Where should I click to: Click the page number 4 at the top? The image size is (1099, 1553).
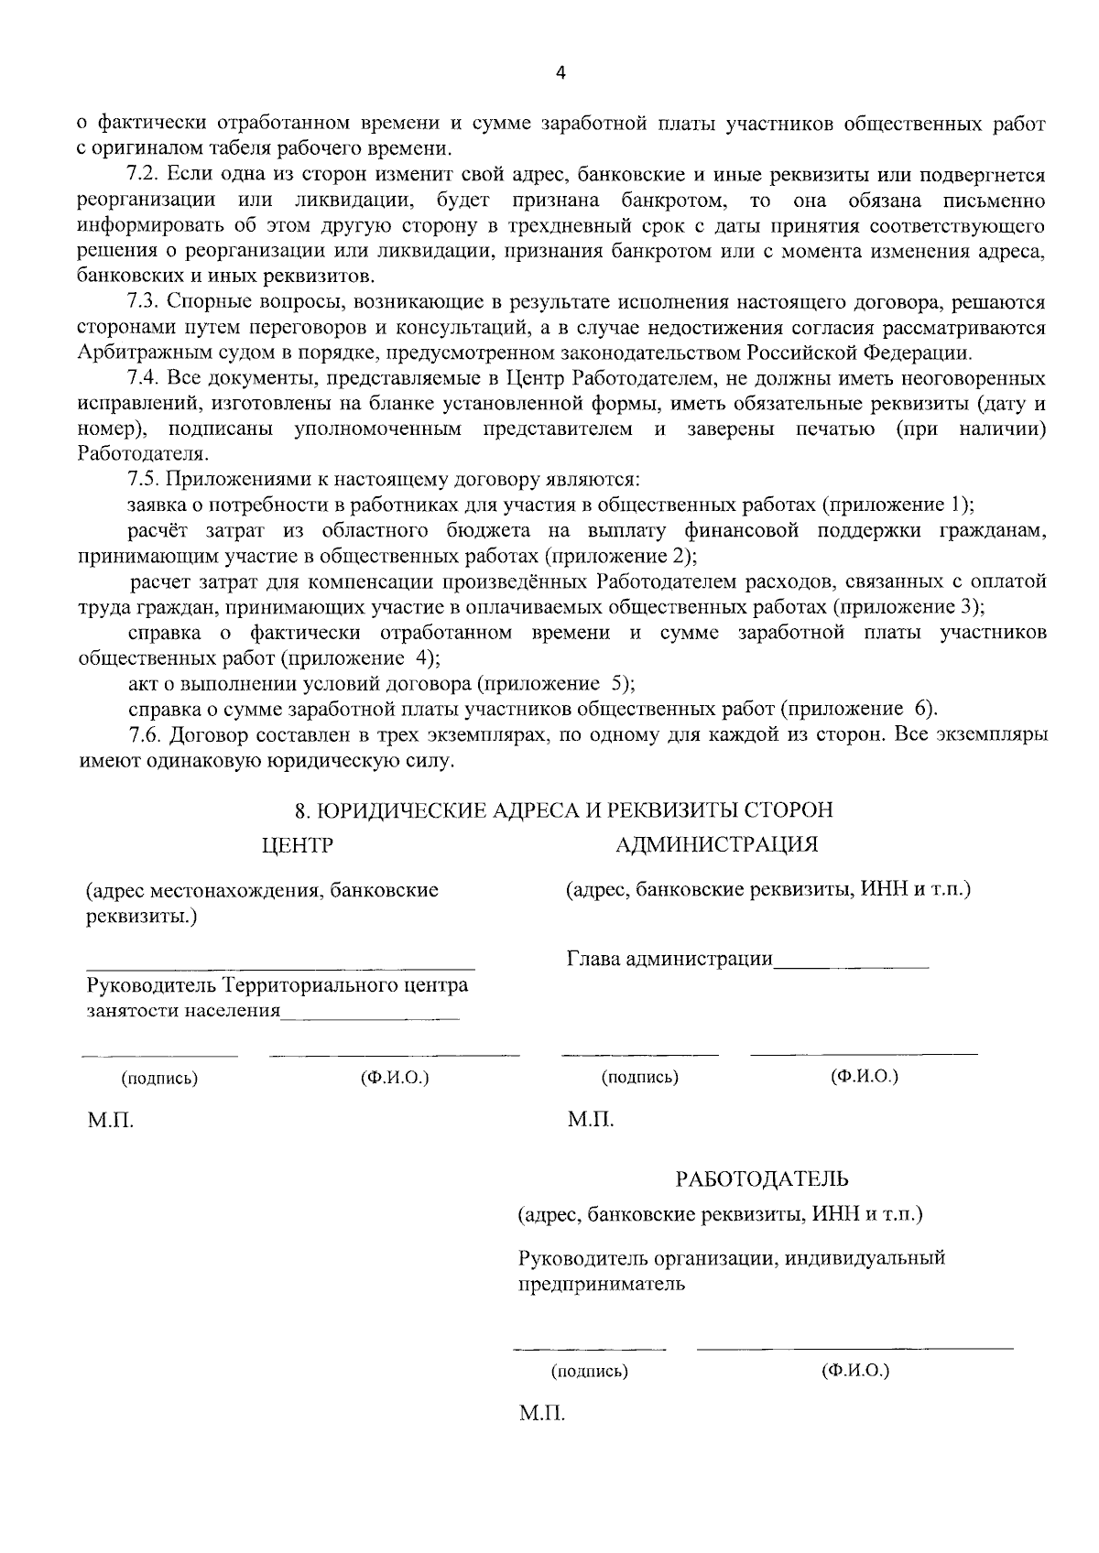click(560, 74)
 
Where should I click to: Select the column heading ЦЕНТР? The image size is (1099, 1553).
click(297, 844)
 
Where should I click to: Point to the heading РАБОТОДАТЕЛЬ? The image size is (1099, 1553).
click(762, 1178)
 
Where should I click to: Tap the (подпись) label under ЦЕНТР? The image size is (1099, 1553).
click(159, 1079)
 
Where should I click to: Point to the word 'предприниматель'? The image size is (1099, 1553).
click(602, 1284)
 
